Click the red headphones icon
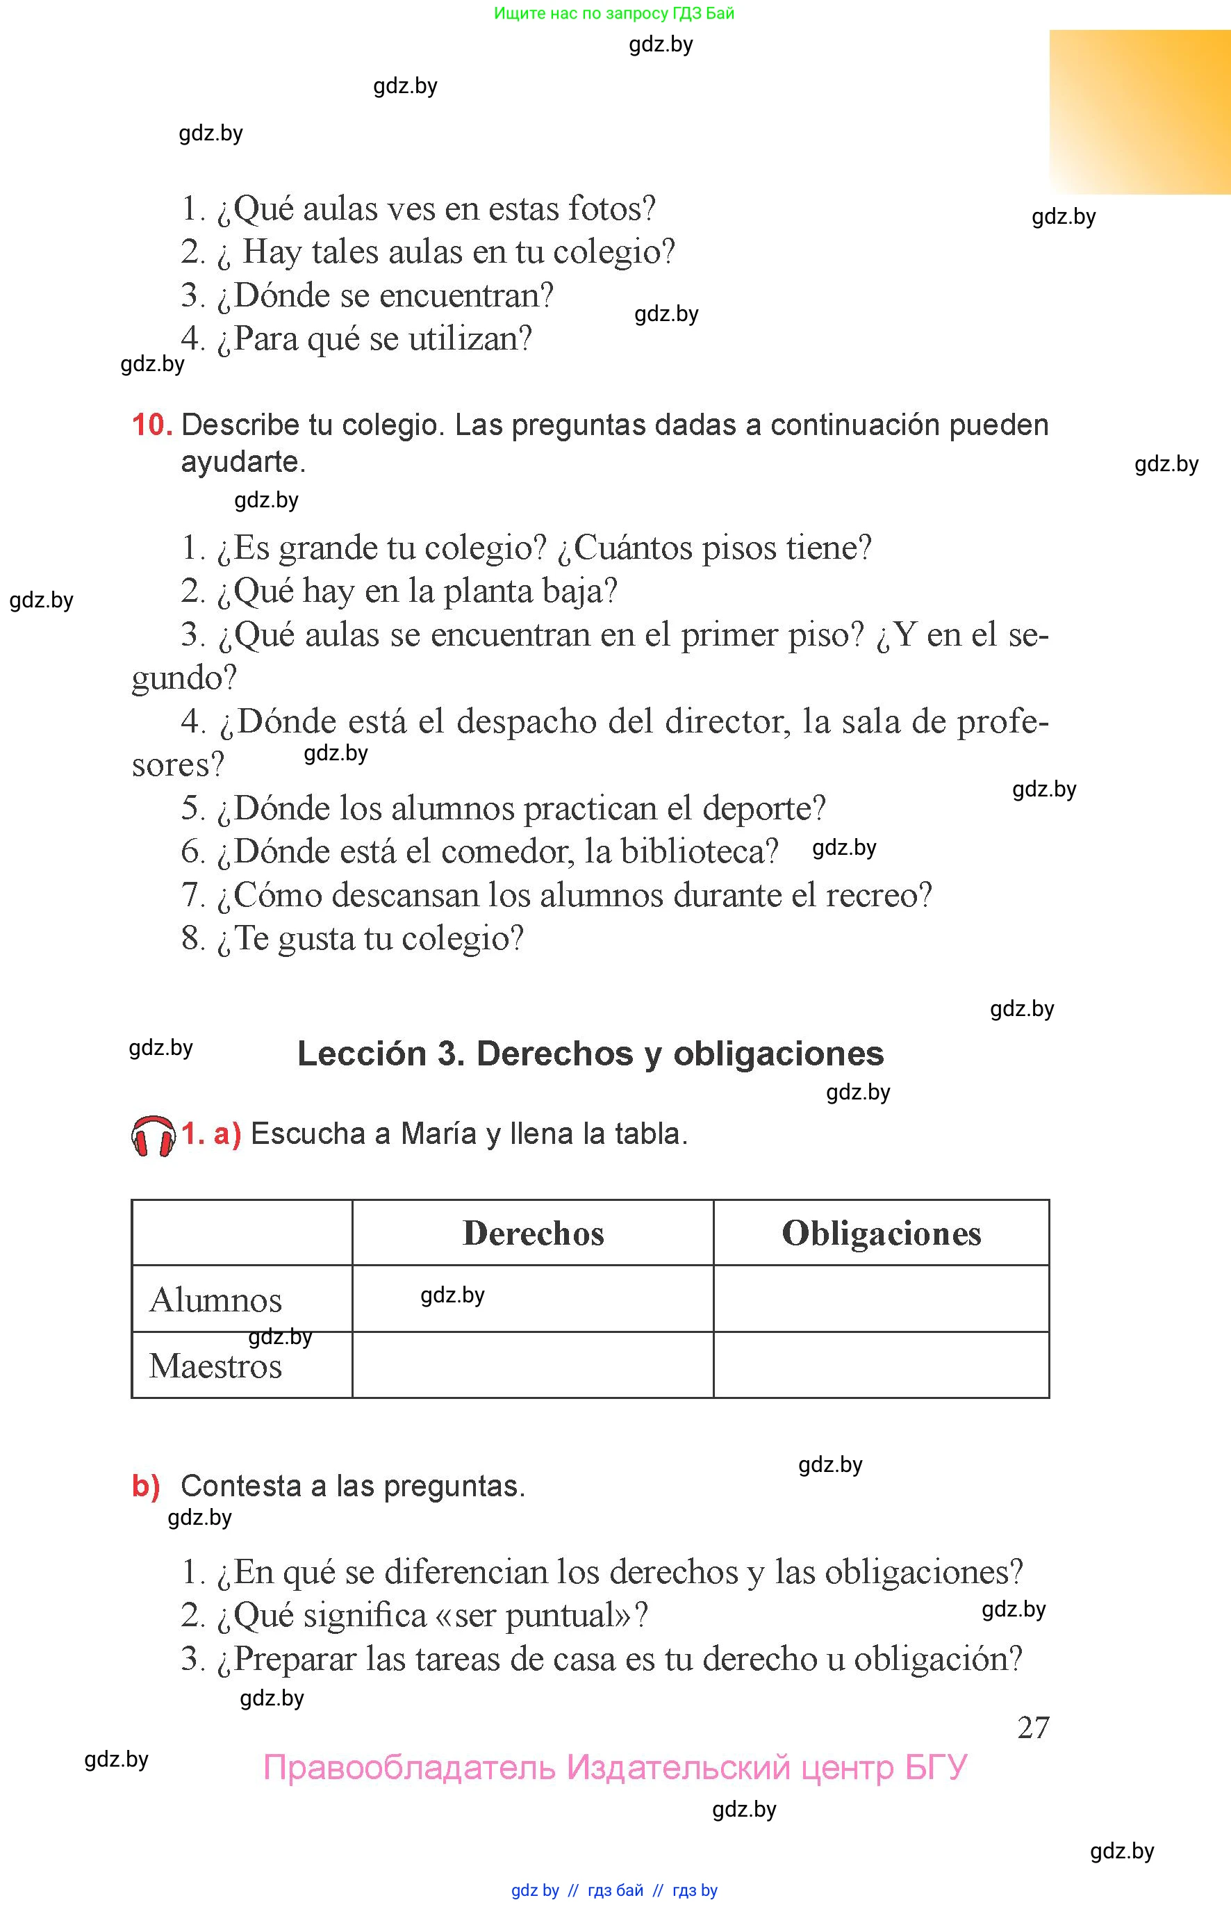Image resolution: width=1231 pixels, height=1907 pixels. pos(153,1136)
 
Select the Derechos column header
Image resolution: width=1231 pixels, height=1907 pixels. pos(533,1233)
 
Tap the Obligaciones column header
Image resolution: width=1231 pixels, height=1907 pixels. pos(881,1233)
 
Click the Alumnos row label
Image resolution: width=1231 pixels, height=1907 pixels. pos(216,1300)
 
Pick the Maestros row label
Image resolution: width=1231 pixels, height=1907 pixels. pos(216,1366)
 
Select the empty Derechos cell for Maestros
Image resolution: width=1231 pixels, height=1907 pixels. pos(533,1365)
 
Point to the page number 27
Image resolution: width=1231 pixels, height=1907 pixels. pos(1033,1727)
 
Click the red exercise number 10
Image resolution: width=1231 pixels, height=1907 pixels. pos(152,425)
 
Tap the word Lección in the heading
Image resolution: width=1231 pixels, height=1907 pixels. pos(362,1054)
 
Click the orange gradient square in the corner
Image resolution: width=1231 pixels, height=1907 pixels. pos(1140,112)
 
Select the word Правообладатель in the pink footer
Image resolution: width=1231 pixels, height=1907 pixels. pos(409,1767)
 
